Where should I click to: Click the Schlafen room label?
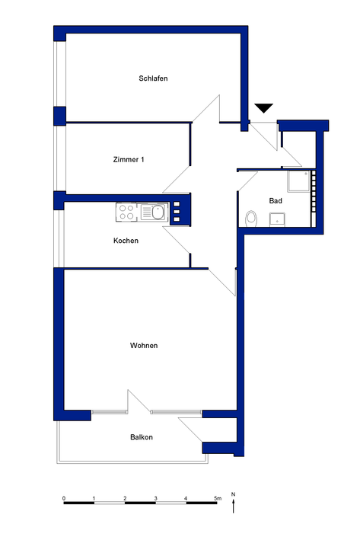coord(153,78)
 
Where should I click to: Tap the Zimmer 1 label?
coord(129,159)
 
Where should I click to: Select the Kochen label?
coord(126,241)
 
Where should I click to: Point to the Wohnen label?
coord(144,346)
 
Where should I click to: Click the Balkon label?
coord(142,437)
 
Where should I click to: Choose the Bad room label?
coord(276,201)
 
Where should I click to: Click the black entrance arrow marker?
coord(264,108)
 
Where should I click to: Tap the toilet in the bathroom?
coord(252,219)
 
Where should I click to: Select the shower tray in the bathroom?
coord(299,181)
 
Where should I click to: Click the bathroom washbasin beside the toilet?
coord(277,219)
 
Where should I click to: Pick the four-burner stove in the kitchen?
coord(126,212)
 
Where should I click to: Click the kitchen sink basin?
coord(158,212)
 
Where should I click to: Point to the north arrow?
coord(234,506)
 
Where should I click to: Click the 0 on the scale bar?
coord(64,498)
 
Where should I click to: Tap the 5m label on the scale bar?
coord(218,498)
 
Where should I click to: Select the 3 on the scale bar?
coord(155,498)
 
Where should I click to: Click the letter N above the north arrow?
coord(234,494)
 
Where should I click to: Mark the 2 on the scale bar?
coord(125,498)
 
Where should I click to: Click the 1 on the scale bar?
coord(94,498)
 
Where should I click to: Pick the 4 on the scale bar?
coord(186,498)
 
